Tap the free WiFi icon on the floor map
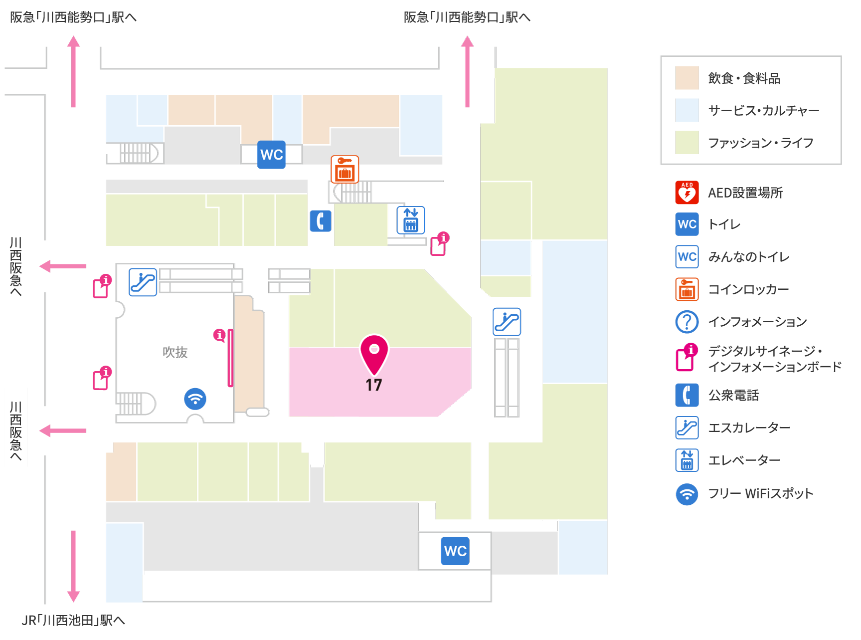coord(195,399)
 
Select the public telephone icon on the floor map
coord(321,221)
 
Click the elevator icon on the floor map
coord(411,220)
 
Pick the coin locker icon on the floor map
coord(345,170)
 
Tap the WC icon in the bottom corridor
coord(455,551)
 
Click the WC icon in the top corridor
coord(272,155)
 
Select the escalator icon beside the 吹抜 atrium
coord(143,282)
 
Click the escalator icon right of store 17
coord(507,322)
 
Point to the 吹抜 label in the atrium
coord(175,352)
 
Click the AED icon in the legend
coord(687,193)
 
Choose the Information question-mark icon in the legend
coord(687,322)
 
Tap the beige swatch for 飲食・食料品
coord(687,78)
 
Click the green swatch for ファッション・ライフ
coord(687,143)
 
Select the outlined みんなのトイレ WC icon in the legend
coord(687,257)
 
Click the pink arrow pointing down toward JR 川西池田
coord(73,567)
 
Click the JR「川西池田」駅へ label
coord(73,621)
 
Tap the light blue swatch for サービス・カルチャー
coord(687,110)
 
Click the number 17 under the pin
coord(374,385)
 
